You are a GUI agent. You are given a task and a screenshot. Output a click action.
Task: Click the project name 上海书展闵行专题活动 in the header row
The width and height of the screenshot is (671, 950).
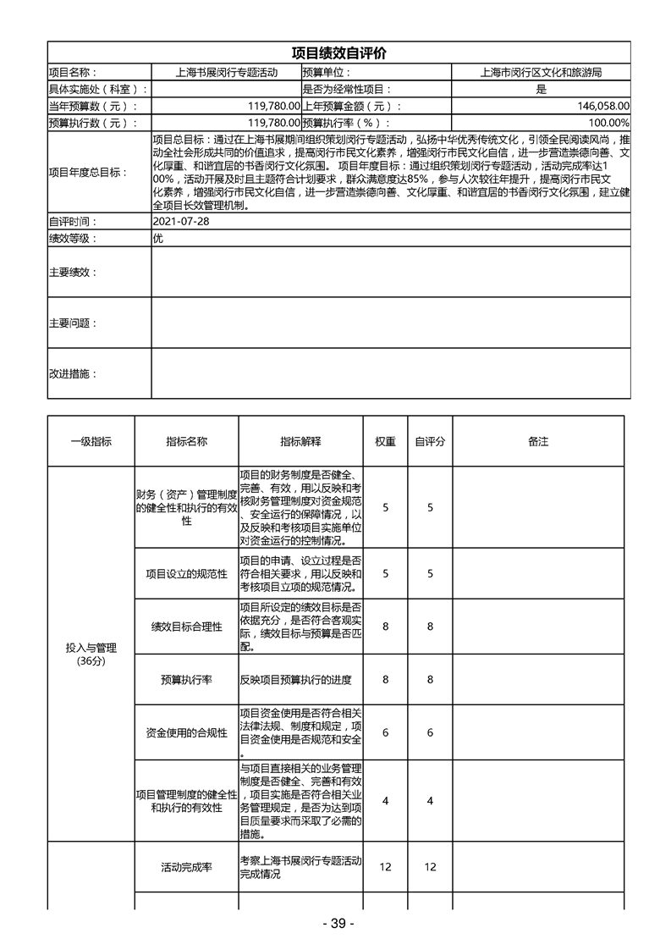[x=225, y=73]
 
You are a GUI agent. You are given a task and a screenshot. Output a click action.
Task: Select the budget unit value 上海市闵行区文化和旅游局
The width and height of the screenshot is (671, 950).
[x=540, y=73]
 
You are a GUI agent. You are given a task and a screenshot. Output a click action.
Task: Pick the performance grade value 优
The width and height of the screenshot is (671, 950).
[x=158, y=238]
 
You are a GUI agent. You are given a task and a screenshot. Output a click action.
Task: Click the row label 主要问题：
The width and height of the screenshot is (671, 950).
[x=73, y=323]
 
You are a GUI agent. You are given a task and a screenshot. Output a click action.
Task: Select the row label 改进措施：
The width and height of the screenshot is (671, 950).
[x=73, y=373]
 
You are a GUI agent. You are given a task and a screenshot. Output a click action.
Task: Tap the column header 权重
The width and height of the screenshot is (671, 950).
[x=386, y=441]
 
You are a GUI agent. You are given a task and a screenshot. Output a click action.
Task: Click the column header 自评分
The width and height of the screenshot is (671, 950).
[x=430, y=441]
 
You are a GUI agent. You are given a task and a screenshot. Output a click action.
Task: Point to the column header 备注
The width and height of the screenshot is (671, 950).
[x=538, y=441]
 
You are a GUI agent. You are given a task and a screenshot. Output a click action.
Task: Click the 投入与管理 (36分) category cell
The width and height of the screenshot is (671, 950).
[x=91, y=654]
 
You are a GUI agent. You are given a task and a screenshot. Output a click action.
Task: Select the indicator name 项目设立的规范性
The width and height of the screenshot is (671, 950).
[x=186, y=573]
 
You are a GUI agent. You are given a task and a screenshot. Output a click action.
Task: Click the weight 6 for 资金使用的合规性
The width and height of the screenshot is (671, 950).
[x=386, y=732]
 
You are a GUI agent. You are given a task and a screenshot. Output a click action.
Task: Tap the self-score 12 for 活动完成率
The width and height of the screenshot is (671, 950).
[x=430, y=867]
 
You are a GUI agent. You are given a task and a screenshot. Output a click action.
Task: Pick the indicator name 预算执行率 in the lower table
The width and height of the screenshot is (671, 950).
[x=186, y=679]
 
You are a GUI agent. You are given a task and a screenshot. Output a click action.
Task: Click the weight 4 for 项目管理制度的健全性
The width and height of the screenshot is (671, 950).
[x=386, y=801]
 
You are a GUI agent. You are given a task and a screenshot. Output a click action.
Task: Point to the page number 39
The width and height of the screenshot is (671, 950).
[x=337, y=923]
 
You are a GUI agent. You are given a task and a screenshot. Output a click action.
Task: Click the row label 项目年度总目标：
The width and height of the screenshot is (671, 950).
[x=88, y=172]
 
